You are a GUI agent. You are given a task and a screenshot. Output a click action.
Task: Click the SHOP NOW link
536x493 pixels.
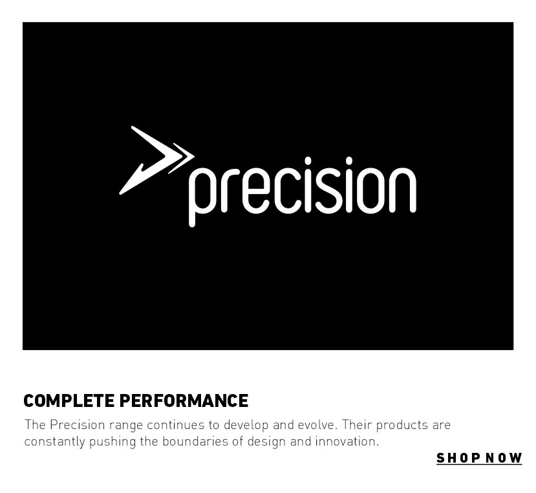(479, 458)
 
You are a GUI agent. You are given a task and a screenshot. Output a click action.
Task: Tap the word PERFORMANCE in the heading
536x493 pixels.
(184, 400)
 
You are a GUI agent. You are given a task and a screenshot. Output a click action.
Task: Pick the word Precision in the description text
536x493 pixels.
(78, 424)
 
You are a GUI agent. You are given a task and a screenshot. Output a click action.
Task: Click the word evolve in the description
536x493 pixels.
(317, 424)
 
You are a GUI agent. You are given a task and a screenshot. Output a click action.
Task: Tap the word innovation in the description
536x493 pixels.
(347, 441)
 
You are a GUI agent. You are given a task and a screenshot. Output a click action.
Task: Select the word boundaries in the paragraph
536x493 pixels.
(195, 441)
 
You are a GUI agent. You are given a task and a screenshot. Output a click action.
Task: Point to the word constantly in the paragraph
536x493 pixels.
(54, 442)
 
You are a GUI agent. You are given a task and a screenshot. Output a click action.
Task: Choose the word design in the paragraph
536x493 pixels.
(266, 442)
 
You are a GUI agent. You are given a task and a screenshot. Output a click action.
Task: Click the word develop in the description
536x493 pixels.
(246, 425)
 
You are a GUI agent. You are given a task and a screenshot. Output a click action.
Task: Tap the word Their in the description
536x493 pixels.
(357, 424)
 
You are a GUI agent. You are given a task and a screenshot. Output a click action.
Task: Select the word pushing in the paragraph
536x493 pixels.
(113, 442)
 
